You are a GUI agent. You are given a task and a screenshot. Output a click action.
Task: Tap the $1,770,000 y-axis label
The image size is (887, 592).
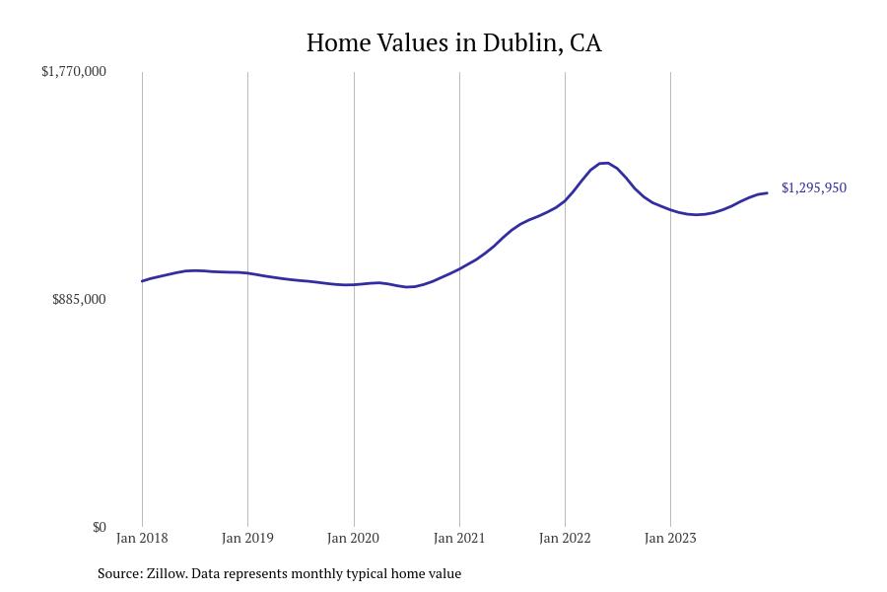pos(74,72)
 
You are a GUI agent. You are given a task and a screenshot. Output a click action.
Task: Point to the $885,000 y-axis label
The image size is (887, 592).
pos(79,300)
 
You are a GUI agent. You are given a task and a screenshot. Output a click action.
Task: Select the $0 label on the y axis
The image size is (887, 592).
pos(99,528)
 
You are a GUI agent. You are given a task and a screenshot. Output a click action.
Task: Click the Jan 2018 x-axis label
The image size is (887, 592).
pos(142,539)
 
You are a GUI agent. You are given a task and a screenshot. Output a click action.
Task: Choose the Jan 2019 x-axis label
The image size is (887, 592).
pos(247,539)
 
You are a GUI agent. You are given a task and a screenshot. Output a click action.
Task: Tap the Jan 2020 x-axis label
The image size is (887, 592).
pos(354,539)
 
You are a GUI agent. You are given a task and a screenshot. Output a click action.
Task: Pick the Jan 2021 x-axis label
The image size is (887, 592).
pos(459,539)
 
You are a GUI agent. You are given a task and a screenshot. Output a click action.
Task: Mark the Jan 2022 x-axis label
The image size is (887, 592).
pos(565,539)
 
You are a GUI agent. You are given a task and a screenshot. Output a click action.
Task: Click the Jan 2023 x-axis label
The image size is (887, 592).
pos(670,539)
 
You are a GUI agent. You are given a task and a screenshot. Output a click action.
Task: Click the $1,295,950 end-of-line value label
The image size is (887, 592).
pos(813,188)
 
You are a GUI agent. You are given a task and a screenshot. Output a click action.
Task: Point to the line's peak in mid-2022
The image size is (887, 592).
pos(604,163)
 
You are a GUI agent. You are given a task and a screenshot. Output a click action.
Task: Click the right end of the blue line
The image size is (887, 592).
pos(767,193)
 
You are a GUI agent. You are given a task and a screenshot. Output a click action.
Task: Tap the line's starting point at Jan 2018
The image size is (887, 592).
pos(143,281)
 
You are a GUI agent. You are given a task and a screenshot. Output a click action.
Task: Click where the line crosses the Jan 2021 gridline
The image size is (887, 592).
pos(459,268)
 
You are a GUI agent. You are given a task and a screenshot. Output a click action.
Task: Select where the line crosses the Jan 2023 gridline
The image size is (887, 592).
pos(670,209)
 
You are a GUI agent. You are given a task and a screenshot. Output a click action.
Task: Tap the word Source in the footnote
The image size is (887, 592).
pos(118,573)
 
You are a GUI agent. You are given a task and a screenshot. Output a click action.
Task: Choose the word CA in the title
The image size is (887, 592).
pos(584,43)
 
